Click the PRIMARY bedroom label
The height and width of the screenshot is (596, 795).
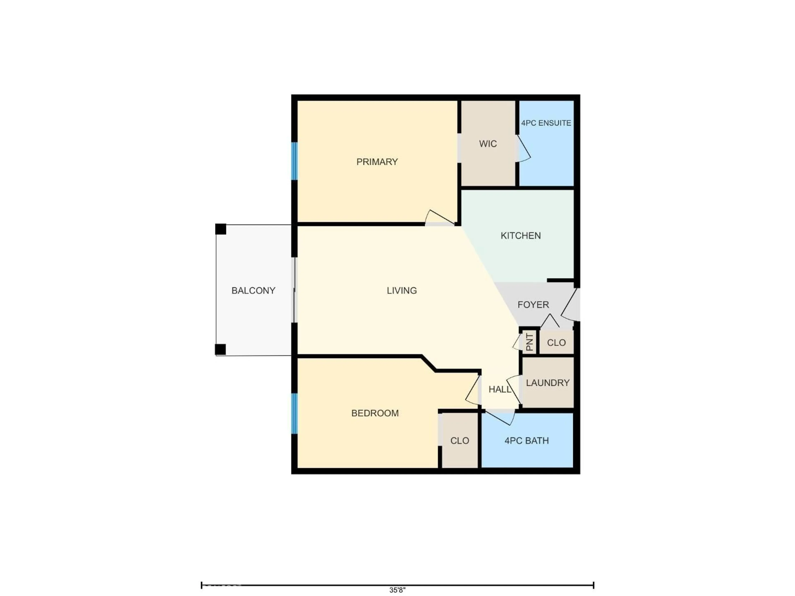377,162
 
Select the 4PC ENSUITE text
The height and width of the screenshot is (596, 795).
546,123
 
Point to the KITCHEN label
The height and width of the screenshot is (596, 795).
520,236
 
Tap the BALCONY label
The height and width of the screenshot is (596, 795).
253,291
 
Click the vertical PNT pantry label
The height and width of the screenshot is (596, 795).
529,342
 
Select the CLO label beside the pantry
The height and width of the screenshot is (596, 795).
556,343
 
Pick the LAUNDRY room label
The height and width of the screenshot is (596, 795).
547,383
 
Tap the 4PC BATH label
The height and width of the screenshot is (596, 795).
526,441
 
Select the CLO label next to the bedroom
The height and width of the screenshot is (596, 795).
460,441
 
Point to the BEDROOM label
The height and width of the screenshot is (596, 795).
375,413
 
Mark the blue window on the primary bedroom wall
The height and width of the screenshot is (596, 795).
294,161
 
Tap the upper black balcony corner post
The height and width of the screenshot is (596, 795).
221,229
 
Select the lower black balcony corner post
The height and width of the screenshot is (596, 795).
220,349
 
